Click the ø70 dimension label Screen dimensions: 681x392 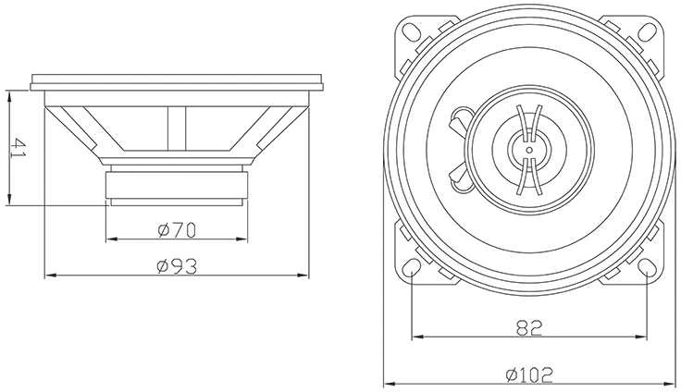point(177,229)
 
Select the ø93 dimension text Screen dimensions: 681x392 point(177,266)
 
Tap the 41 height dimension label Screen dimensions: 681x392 point(19,148)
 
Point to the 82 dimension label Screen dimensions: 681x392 point(529,328)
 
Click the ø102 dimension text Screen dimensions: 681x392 point(529,375)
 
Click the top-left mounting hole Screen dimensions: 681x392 point(411,31)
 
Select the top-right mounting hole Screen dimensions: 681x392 point(647,31)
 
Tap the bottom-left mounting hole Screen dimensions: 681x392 point(411,267)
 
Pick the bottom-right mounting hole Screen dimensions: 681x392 point(647,267)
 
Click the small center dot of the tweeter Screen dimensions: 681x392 point(529,150)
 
